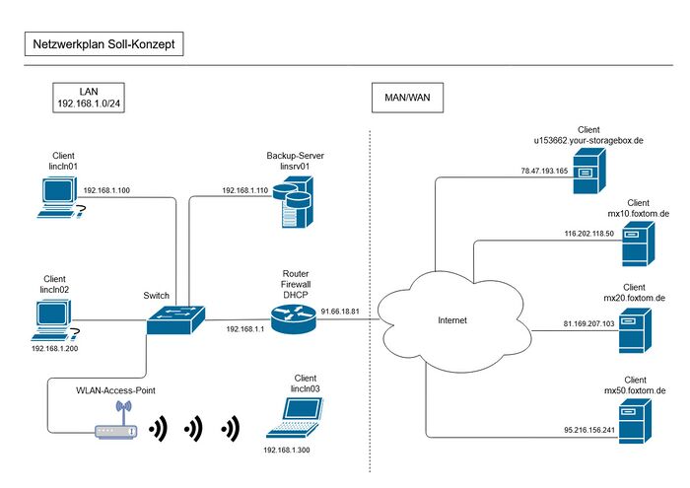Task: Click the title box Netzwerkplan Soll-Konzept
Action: [103, 44]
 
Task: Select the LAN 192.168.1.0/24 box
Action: [89, 98]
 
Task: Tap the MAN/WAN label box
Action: [407, 98]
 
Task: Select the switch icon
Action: [177, 318]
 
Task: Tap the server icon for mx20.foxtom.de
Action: [634, 330]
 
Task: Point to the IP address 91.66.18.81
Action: [339, 312]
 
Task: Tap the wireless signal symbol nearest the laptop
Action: [232, 428]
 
